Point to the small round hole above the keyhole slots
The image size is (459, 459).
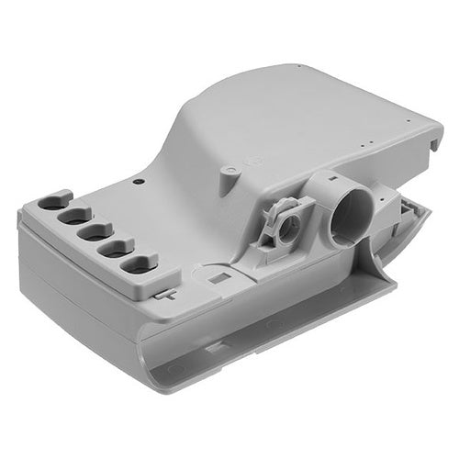click(137, 182)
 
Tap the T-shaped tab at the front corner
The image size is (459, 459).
click(165, 294)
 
